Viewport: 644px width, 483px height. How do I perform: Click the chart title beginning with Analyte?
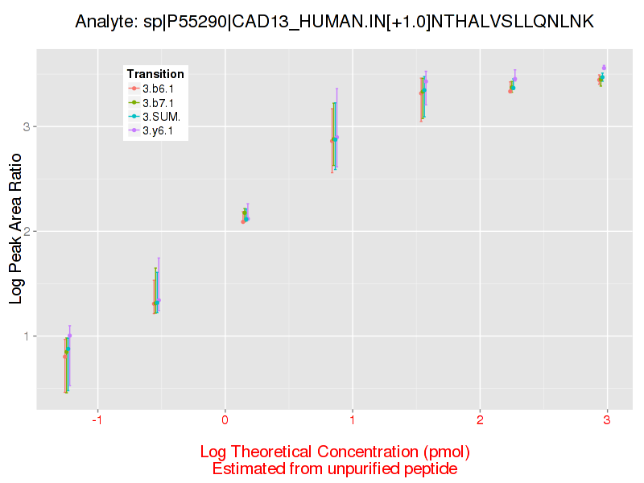tap(334, 22)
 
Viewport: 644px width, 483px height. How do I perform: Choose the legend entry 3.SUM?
tap(159, 117)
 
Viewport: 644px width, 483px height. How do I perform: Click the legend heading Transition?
tap(155, 74)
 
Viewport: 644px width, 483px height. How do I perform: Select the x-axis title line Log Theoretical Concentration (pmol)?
tap(334, 451)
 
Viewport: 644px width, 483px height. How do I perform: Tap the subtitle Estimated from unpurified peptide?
tap(334, 468)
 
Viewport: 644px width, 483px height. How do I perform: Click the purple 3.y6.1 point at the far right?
tap(604, 68)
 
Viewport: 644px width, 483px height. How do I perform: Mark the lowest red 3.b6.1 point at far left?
tap(64, 356)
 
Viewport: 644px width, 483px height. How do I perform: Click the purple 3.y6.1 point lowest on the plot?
tap(70, 336)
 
